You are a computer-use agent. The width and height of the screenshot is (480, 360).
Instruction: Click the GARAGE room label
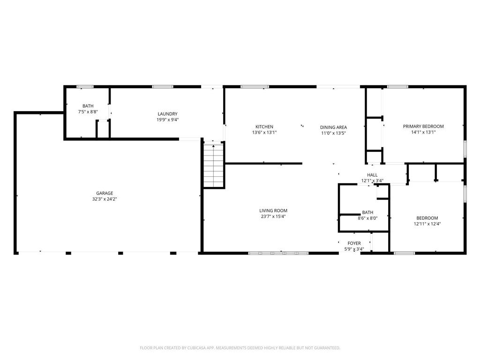pyautogui.click(x=105, y=193)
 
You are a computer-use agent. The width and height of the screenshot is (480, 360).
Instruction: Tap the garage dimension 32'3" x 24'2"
pyautogui.click(x=105, y=199)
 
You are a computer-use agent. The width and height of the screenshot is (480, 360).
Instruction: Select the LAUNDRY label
pyautogui.click(x=167, y=114)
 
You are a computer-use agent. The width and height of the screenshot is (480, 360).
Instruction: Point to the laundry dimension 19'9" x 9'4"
pyautogui.click(x=167, y=120)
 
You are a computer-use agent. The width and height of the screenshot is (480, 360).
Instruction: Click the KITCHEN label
pyautogui.click(x=264, y=127)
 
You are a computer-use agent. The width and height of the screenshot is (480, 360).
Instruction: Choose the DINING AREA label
pyautogui.click(x=333, y=127)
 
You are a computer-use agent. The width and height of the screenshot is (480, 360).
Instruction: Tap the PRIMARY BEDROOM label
pyautogui.click(x=423, y=127)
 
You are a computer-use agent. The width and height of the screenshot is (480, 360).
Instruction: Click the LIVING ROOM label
pyautogui.click(x=273, y=210)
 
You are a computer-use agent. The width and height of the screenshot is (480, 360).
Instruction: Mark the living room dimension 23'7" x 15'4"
pyautogui.click(x=273, y=217)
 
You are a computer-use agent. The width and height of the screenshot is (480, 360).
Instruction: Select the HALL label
pyautogui.click(x=372, y=175)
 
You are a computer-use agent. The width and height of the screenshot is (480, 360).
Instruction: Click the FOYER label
pyautogui.click(x=354, y=243)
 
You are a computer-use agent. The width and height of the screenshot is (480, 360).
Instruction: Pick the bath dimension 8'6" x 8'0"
pyautogui.click(x=367, y=218)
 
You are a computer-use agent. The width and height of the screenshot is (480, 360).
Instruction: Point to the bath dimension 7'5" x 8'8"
pyautogui.click(x=88, y=112)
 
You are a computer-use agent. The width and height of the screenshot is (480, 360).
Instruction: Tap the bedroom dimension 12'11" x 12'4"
pyautogui.click(x=427, y=224)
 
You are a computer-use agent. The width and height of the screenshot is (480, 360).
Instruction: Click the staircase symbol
pyautogui.click(x=214, y=166)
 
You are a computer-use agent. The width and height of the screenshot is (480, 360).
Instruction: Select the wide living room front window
pyautogui.click(x=278, y=253)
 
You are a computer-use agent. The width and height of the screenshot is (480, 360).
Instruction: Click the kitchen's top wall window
pyautogui.click(x=255, y=87)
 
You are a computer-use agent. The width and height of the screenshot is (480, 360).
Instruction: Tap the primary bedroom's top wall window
pyautogui.click(x=397, y=87)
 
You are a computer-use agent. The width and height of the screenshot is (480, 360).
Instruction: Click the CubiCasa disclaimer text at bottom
pyautogui.click(x=240, y=348)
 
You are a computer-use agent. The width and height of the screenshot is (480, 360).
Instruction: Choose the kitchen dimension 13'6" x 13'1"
pyautogui.click(x=264, y=133)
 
